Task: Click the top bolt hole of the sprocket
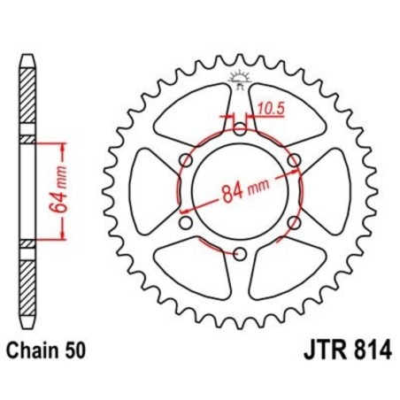coord(240,128)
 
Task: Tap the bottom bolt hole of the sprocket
coord(240,256)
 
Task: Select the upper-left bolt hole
coord(185,160)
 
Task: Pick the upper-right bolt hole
coord(295,160)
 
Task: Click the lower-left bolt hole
coord(185,224)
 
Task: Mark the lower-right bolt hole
coord(295,224)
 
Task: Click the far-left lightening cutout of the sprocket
coord(150,191)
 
